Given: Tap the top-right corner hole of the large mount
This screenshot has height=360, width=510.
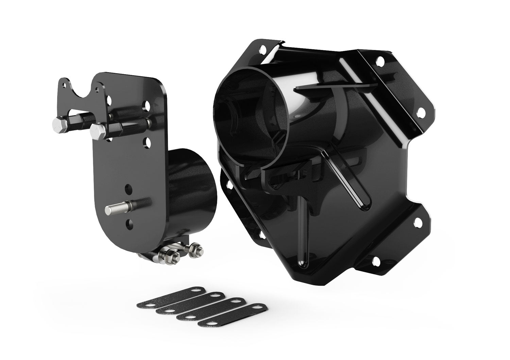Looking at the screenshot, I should tap(380, 62).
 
